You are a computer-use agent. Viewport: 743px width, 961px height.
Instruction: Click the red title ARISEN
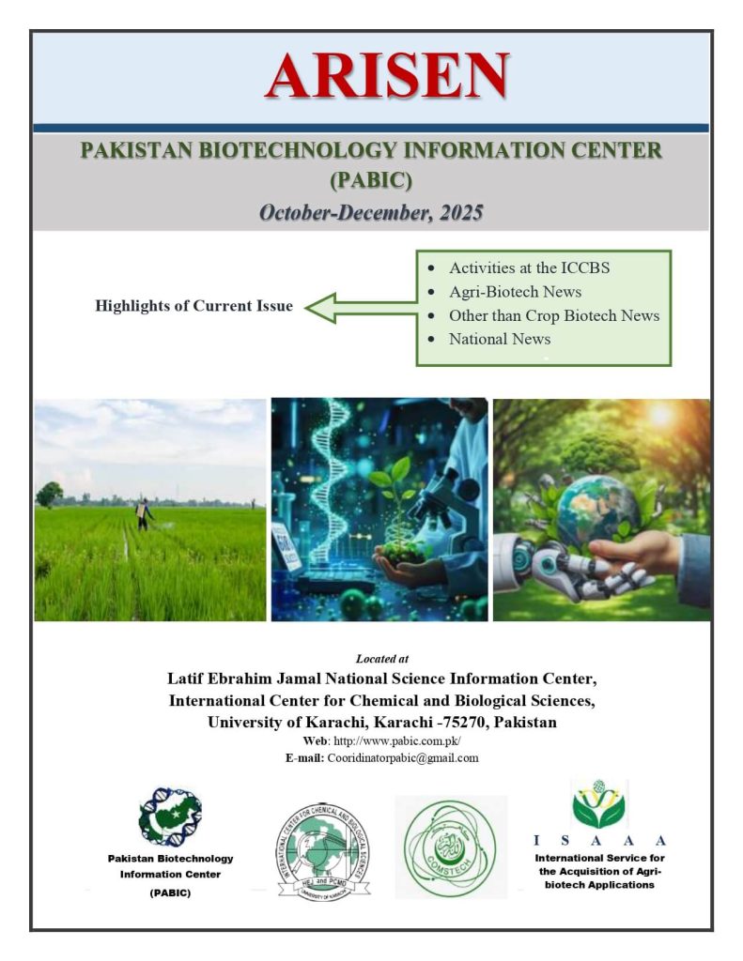386,76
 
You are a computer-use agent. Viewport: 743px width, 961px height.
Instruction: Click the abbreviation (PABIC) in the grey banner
371,180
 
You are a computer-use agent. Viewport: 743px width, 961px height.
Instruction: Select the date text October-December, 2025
371,212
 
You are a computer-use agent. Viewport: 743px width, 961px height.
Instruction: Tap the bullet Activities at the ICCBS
529,267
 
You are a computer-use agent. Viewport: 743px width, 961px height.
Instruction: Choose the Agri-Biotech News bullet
515,292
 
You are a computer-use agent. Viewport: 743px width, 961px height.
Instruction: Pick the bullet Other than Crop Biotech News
553,315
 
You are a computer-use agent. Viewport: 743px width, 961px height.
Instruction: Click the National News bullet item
500,339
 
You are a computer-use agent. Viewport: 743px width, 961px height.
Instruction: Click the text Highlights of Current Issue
193,306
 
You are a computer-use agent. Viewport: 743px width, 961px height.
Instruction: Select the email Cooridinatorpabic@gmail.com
402,757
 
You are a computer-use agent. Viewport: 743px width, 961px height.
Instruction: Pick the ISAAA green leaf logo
598,806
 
